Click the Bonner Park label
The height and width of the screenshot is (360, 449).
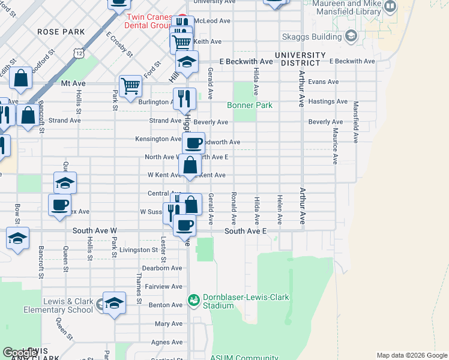click(250, 106)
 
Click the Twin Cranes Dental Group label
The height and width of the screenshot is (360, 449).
click(149, 21)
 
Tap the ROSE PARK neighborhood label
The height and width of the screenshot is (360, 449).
click(61, 31)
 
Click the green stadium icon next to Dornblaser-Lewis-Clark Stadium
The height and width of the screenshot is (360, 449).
click(193, 299)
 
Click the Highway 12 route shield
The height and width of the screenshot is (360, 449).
click(79, 54)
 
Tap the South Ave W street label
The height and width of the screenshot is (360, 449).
click(94, 230)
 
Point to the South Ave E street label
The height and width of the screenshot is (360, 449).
click(244, 231)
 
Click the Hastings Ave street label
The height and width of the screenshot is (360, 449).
click(328, 102)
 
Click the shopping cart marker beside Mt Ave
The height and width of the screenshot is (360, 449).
click(130, 85)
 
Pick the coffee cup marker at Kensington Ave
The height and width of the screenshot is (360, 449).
click(193, 143)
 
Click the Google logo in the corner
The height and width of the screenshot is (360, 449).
click(20, 353)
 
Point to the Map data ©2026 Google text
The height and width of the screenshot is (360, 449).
click(411, 355)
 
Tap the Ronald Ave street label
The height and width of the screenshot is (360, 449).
click(234, 205)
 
